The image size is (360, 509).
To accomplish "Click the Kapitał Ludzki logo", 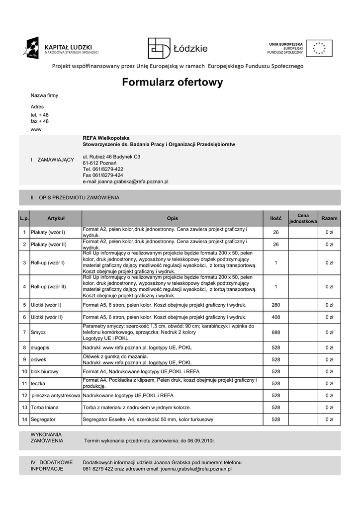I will [61, 48].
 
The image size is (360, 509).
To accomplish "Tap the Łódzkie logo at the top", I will [178, 48].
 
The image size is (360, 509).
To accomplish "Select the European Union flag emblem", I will [319, 48].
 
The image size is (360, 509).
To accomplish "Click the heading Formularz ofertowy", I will [173, 83].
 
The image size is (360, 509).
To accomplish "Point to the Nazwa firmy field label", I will [44, 95].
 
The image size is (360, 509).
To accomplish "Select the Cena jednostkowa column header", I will [303, 218].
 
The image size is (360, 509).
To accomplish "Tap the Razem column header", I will [329, 218].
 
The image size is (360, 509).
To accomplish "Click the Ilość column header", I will [275, 218].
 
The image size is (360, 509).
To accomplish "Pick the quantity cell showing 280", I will [275, 305].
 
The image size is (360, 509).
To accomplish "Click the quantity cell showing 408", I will [275, 317].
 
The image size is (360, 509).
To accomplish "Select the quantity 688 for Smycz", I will [275, 332].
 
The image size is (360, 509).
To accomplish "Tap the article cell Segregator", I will [43, 420].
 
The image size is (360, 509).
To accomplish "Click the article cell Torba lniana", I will [45, 408].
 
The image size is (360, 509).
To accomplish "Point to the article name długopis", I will [40, 347].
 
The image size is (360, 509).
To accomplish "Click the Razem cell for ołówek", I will [329, 359].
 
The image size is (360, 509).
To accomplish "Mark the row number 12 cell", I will [24, 396].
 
